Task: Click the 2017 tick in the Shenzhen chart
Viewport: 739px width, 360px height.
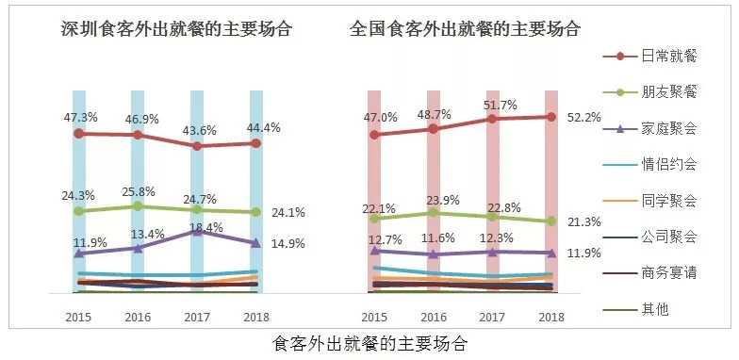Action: [x=196, y=317]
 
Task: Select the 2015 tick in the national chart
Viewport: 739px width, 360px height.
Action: [x=374, y=317]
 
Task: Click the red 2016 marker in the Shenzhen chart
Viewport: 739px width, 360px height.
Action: [x=138, y=135]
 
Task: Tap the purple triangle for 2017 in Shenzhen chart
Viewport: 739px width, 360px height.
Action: [x=196, y=231]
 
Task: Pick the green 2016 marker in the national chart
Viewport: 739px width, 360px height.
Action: [x=434, y=213]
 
